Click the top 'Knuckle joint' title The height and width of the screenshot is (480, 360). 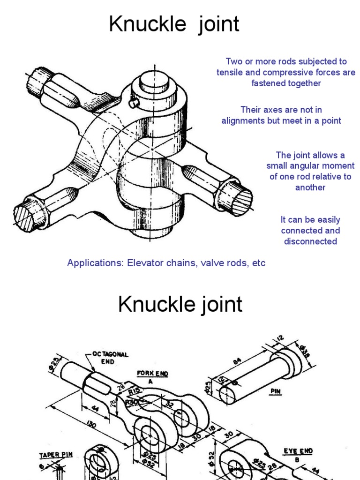tap(174, 24)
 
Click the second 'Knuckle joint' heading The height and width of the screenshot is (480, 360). tap(180, 305)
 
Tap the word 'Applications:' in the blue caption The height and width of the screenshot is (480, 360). tap(95, 263)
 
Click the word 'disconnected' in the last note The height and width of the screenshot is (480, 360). tap(310, 241)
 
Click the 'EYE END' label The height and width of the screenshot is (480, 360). tap(298, 451)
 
